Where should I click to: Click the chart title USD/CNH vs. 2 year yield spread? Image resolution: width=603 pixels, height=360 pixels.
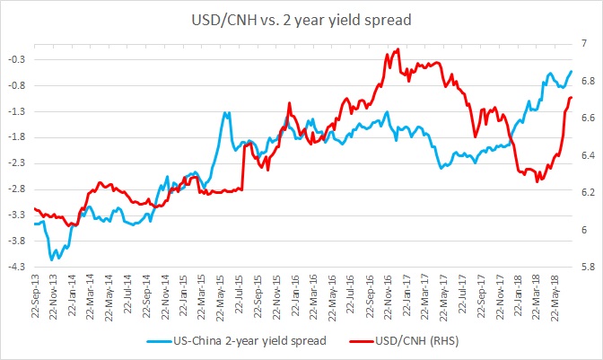(x=301, y=17)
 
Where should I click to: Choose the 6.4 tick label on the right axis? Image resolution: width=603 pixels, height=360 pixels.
(x=586, y=155)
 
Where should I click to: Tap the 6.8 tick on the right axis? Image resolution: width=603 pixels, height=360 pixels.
(x=586, y=81)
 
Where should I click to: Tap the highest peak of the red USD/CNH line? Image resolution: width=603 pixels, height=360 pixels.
(x=397, y=49)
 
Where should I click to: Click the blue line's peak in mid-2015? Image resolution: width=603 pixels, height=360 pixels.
(x=226, y=113)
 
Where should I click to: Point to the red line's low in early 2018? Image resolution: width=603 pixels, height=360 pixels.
(x=537, y=181)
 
